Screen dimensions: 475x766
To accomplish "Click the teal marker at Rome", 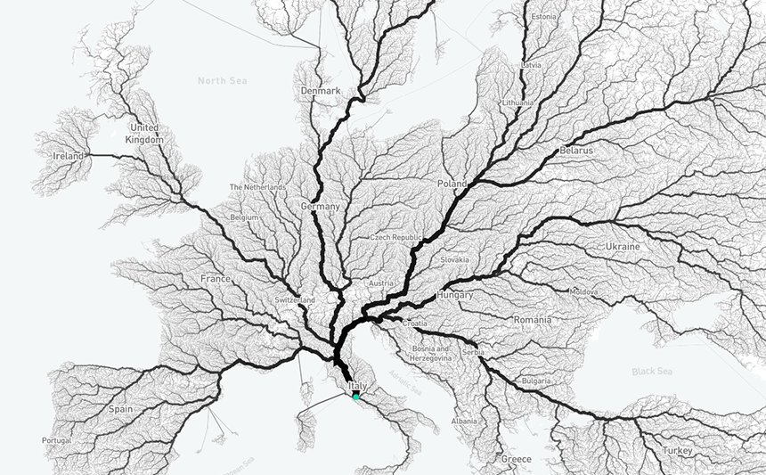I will pyautogui.click(x=356, y=397).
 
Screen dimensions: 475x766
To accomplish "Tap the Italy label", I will pyautogui.click(x=358, y=385).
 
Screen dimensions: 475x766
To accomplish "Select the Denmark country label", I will pyautogui.click(x=321, y=91).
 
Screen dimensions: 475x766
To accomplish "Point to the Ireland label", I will pyautogui.click(x=69, y=156).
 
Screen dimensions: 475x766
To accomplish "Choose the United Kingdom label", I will pyautogui.click(x=144, y=135).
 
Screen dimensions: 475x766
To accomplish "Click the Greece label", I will pyautogui.click(x=516, y=459).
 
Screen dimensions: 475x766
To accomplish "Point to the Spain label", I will pyautogui.click(x=120, y=409).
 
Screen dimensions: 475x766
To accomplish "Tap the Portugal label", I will pyautogui.click(x=57, y=440).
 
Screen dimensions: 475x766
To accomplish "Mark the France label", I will pyautogui.click(x=216, y=278).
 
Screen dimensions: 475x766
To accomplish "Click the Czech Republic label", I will pyautogui.click(x=395, y=238).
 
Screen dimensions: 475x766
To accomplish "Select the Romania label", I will pyautogui.click(x=532, y=319).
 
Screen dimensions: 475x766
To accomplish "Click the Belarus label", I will pyautogui.click(x=576, y=152).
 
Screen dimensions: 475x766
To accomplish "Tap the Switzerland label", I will pyautogui.click(x=295, y=300).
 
